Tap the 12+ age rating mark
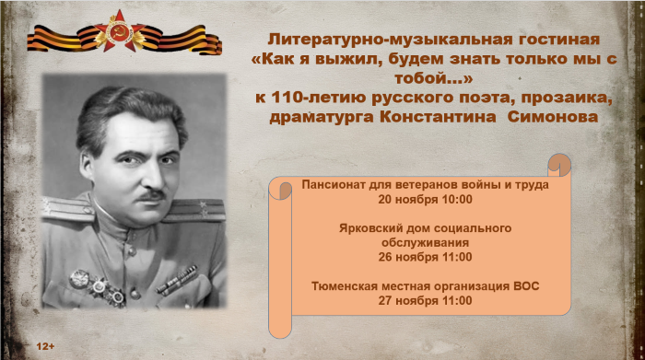coord(46,345)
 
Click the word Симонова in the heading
coord(552,117)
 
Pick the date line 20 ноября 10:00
coord(425,199)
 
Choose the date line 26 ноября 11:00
coord(425,257)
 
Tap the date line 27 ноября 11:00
coord(425,300)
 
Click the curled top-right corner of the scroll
coord(559,166)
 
